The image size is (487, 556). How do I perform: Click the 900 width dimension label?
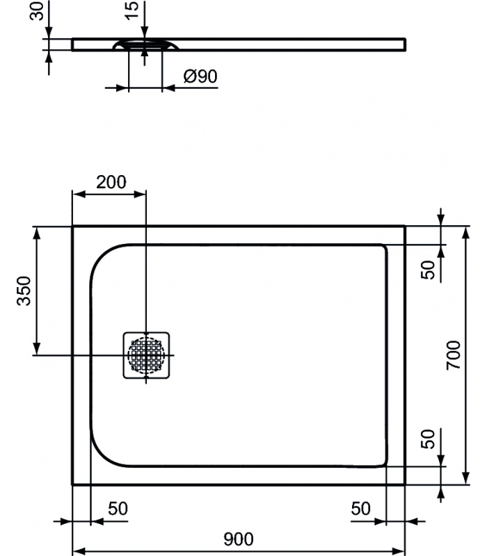(x=239, y=539)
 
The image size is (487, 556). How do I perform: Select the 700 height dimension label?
(x=454, y=356)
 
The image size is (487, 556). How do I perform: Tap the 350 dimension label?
(x=24, y=291)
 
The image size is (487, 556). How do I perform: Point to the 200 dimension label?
(x=111, y=182)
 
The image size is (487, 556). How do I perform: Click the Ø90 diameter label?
(x=200, y=76)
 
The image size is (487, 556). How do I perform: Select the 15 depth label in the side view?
(x=131, y=11)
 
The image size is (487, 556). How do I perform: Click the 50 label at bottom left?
(x=118, y=509)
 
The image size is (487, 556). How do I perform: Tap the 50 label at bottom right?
(x=360, y=509)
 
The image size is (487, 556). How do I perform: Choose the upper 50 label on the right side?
(x=428, y=270)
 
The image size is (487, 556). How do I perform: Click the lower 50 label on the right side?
(x=428, y=439)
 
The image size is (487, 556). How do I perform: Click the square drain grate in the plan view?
(x=146, y=355)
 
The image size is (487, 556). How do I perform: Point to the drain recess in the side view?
(x=145, y=45)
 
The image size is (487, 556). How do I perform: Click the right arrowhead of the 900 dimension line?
(x=398, y=551)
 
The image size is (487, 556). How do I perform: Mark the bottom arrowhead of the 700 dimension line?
(x=467, y=477)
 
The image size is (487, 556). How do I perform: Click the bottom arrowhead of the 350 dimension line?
(x=37, y=348)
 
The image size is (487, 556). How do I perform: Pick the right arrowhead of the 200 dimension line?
(x=140, y=194)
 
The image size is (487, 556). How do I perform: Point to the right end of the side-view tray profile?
(x=405, y=44)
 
